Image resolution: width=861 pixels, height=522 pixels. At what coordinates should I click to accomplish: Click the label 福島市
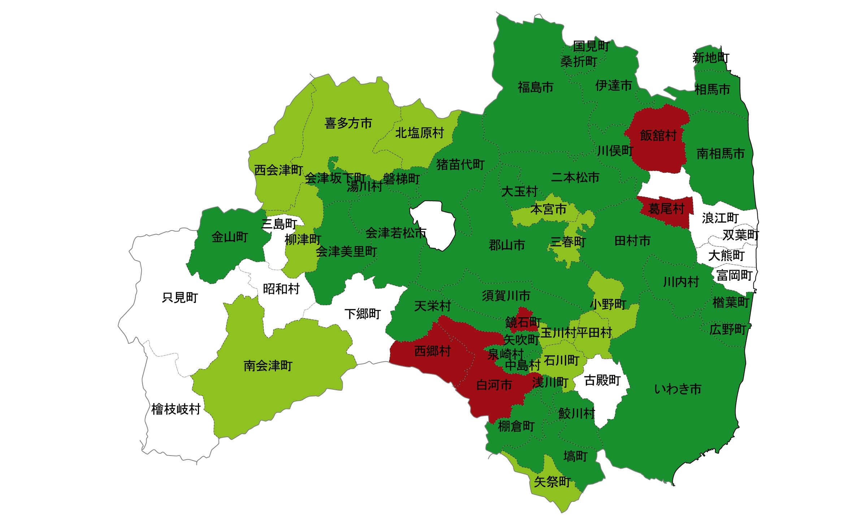[535, 87]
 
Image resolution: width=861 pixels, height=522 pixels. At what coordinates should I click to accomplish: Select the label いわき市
[678, 389]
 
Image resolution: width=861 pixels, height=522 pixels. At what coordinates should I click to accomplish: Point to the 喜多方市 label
[348, 123]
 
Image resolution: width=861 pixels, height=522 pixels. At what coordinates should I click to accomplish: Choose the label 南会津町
[268, 366]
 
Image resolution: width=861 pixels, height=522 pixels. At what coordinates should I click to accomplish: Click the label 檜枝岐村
[176, 409]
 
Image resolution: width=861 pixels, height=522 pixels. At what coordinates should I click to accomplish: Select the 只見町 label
[180, 298]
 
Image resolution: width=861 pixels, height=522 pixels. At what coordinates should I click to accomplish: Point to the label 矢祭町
[552, 482]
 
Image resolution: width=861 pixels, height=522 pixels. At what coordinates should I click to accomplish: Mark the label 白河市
[494, 385]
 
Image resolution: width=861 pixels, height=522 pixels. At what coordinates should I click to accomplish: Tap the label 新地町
[710, 58]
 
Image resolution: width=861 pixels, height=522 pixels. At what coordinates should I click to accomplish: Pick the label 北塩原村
[419, 133]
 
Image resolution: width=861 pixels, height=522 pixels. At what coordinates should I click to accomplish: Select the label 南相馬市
[721, 154]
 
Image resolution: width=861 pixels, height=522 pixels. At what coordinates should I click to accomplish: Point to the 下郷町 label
[362, 314]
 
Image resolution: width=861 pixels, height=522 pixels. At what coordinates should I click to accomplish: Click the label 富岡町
[734, 275]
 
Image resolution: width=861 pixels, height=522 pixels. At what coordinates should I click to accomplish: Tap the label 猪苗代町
[460, 165]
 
